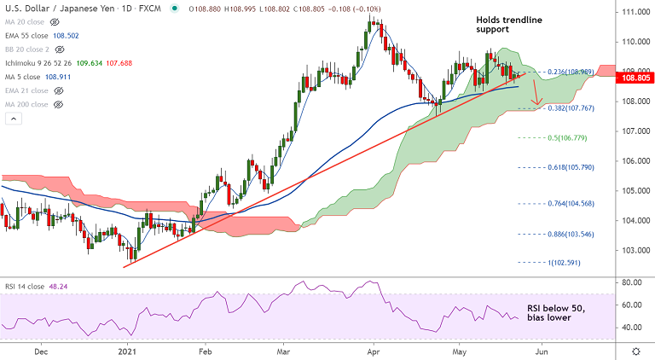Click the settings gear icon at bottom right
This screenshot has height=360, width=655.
(x=635, y=351)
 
